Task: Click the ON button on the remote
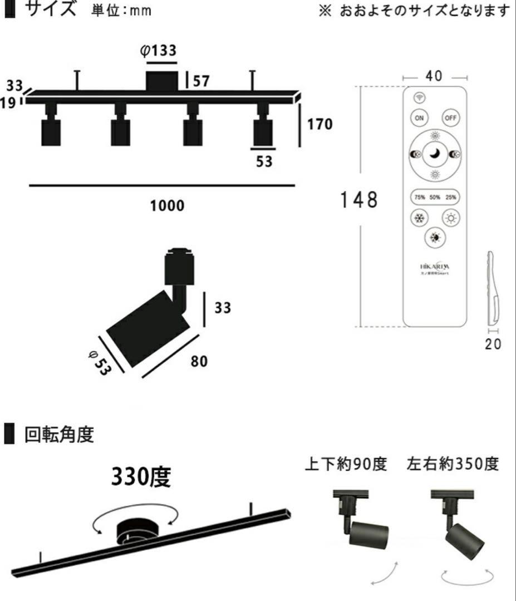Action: coord(419,118)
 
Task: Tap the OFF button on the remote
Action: coord(450,118)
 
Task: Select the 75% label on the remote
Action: coord(419,196)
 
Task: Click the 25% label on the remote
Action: coord(450,196)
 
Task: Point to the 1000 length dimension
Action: coord(167,206)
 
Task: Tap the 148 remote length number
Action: coord(359,200)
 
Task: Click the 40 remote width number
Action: coord(434,77)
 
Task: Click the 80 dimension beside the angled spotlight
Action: coord(199,361)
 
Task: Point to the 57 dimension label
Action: coord(201,81)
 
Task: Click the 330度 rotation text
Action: coord(140,477)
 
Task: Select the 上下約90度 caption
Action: coord(345,464)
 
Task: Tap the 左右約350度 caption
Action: coord(453,464)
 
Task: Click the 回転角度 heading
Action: coord(58,435)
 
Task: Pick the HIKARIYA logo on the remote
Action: coord(435,267)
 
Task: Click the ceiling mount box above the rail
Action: coord(162,81)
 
